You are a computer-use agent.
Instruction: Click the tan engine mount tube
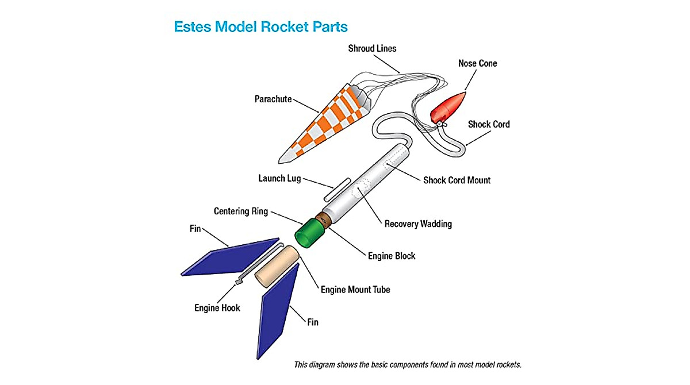277,266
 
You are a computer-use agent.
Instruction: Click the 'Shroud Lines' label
372,48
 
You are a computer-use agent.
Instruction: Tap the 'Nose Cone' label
477,63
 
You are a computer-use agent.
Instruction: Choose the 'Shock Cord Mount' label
457,180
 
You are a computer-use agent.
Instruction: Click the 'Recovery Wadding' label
418,224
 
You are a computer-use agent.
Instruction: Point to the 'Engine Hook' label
217,308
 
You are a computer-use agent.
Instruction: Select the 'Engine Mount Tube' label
355,289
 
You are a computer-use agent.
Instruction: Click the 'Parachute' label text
273,99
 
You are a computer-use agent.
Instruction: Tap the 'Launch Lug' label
279,178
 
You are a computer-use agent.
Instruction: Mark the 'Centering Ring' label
240,211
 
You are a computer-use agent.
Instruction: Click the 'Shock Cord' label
488,124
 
